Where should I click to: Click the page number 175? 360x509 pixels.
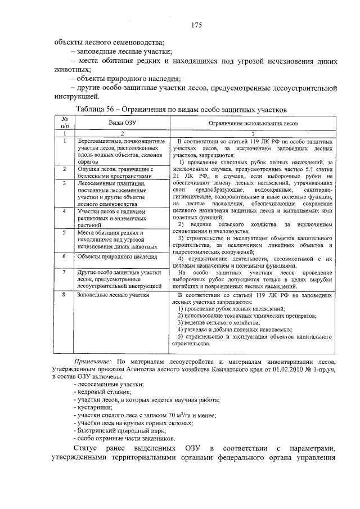coord(196,25)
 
